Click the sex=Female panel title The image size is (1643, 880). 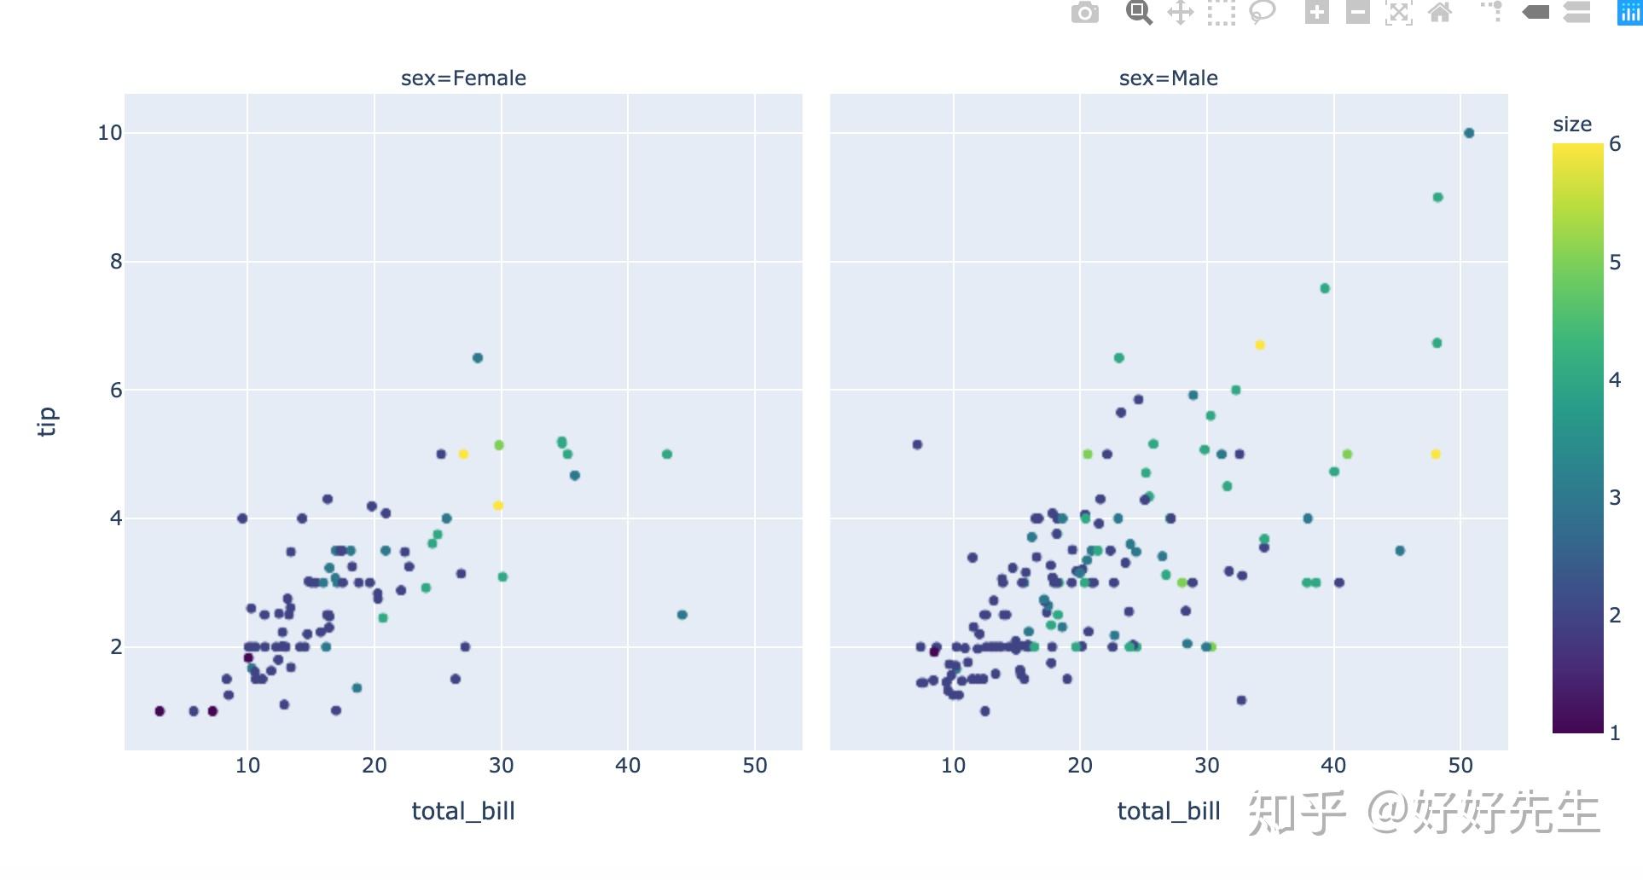pyautogui.click(x=463, y=78)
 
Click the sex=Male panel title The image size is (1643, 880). pyautogui.click(x=1168, y=78)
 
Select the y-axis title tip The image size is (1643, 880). pyautogui.click(x=48, y=421)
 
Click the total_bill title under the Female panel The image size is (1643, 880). pyautogui.click(x=463, y=811)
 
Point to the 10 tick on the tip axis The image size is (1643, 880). pyautogui.click(x=110, y=133)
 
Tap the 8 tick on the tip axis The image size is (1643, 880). pyautogui.click(x=116, y=262)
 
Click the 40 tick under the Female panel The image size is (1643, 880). pyautogui.click(x=628, y=766)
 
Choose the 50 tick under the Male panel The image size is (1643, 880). pyautogui.click(x=1460, y=766)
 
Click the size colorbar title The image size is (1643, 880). pyautogui.click(x=1572, y=124)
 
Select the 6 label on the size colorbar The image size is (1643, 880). pyautogui.click(x=1615, y=144)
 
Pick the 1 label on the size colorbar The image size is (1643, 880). pyautogui.click(x=1615, y=732)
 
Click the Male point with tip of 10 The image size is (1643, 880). pyautogui.click(x=1469, y=133)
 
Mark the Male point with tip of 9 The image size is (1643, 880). pyautogui.click(x=1438, y=198)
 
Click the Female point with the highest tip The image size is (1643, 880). pyautogui.click(x=478, y=358)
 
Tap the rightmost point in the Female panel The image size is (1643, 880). pyautogui.click(x=682, y=615)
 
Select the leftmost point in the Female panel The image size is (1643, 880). pyautogui.click(x=160, y=711)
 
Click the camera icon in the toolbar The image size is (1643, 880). pyautogui.click(x=1085, y=13)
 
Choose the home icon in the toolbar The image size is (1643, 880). pyautogui.click(x=1440, y=13)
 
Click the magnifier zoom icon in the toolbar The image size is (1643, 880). pyautogui.click(x=1139, y=13)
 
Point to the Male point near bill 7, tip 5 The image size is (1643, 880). pyautogui.click(x=917, y=445)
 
